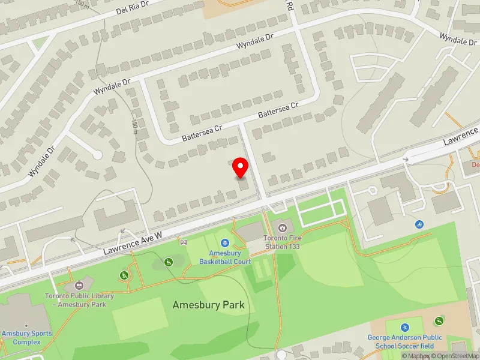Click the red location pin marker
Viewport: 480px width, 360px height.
[x=241, y=167]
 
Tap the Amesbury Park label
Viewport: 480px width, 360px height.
[x=208, y=305]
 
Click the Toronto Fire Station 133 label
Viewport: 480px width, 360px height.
[x=282, y=242]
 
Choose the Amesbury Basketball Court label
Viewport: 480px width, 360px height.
[x=225, y=257]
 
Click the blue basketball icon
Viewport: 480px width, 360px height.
[x=224, y=243]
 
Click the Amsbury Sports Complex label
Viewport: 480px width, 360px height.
[x=26, y=338]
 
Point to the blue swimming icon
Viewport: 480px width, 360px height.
[x=419, y=224]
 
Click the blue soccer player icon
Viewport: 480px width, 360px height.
[x=405, y=328]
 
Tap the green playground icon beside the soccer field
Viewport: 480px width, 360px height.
[x=440, y=320]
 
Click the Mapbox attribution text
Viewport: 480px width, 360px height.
[x=416, y=356]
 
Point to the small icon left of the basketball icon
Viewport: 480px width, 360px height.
[x=184, y=242]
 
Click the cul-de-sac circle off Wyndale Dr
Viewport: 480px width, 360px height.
[x=97, y=155]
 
